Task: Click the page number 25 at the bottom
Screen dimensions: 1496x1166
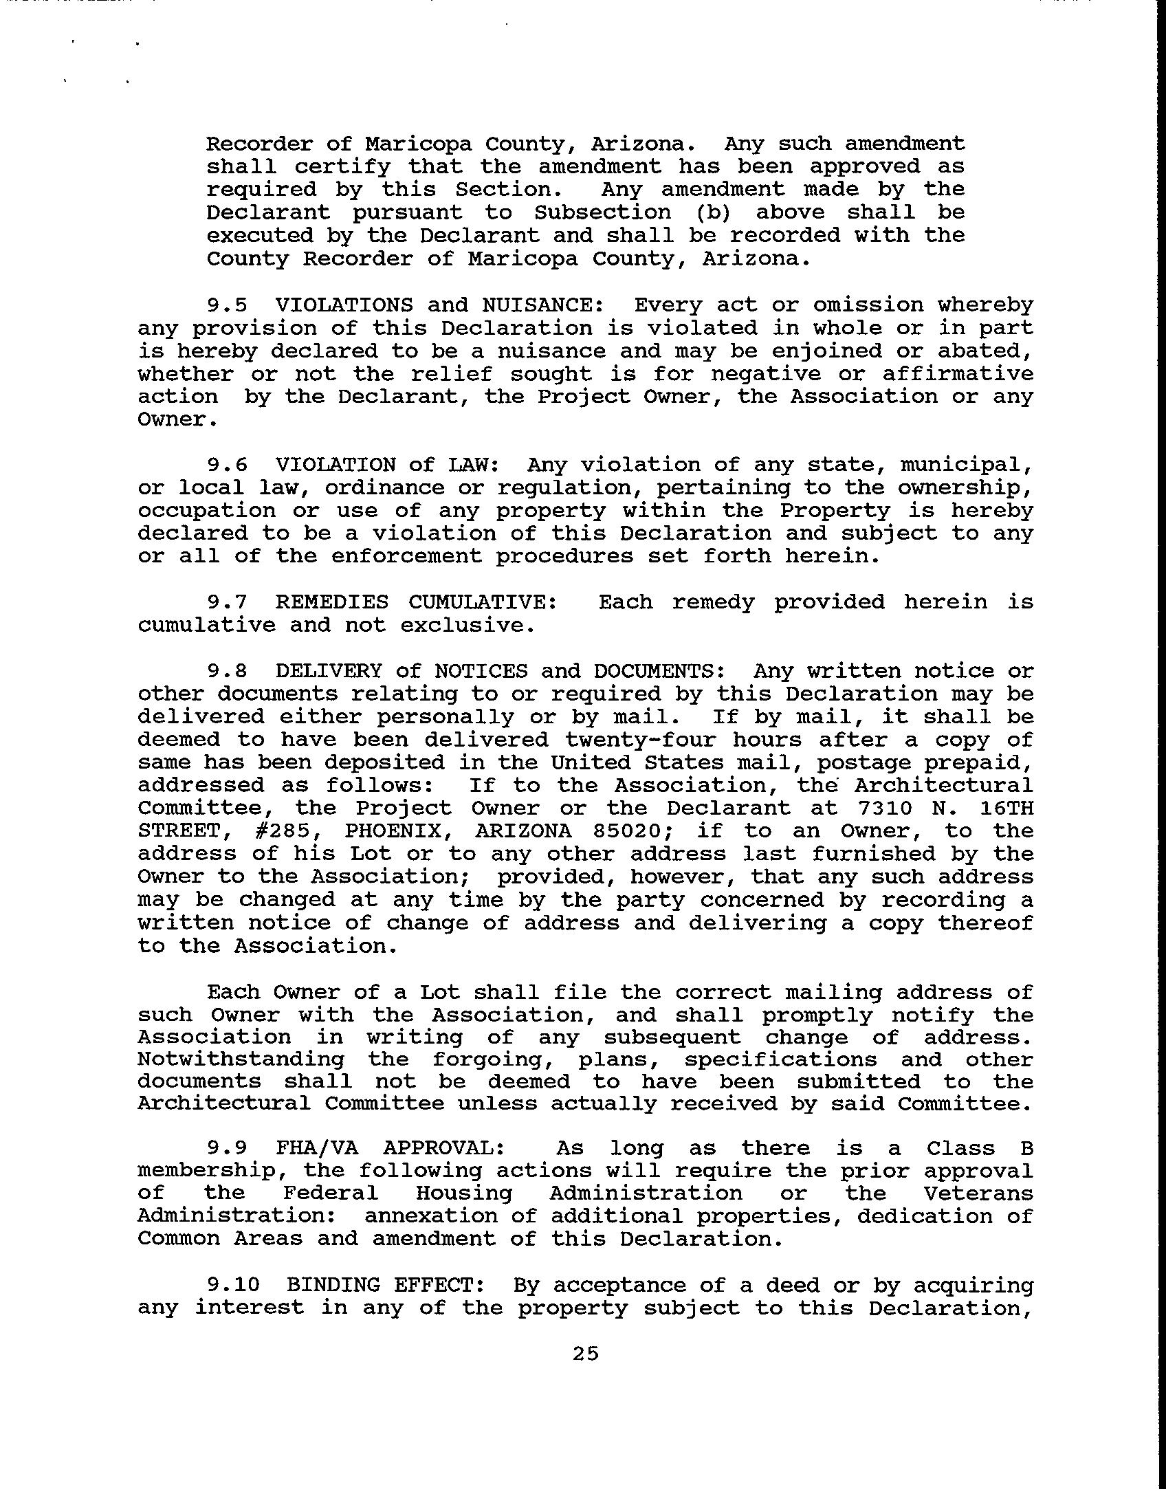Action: [x=585, y=1354]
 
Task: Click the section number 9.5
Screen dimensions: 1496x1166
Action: [x=226, y=305]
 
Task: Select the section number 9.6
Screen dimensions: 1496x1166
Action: [x=226, y=465]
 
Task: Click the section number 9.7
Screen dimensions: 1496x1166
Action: [x=226, y=602]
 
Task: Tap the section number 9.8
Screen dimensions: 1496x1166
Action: [x=226, y=671]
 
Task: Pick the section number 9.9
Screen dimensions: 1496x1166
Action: [x=226, y=1148]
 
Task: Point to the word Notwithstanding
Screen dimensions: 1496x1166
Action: [x=241, y=1059]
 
